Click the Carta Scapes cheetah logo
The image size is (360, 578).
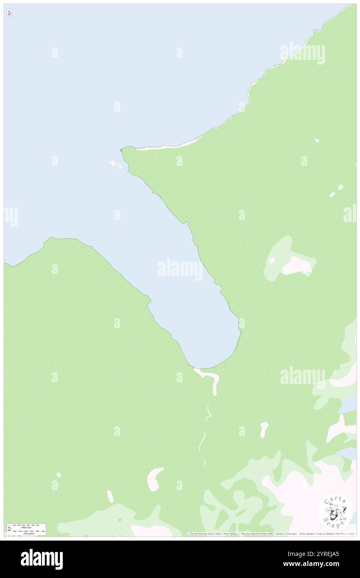tap(335, 511)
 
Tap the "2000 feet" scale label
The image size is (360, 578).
tap(26, 527)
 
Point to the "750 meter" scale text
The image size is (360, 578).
tap(26, 533)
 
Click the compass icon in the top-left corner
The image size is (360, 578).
tap(9, 13)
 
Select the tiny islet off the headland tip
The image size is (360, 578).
tap(115, 165)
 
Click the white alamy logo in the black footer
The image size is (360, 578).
tap(42, 559)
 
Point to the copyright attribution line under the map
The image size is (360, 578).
tap(270, 534)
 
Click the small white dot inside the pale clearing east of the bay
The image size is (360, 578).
tap(272, 260)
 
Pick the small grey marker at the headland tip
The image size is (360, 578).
tap(121, 150)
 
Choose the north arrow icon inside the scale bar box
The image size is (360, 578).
tap(9, 529)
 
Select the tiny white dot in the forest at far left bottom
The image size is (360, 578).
tap(59, 474)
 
